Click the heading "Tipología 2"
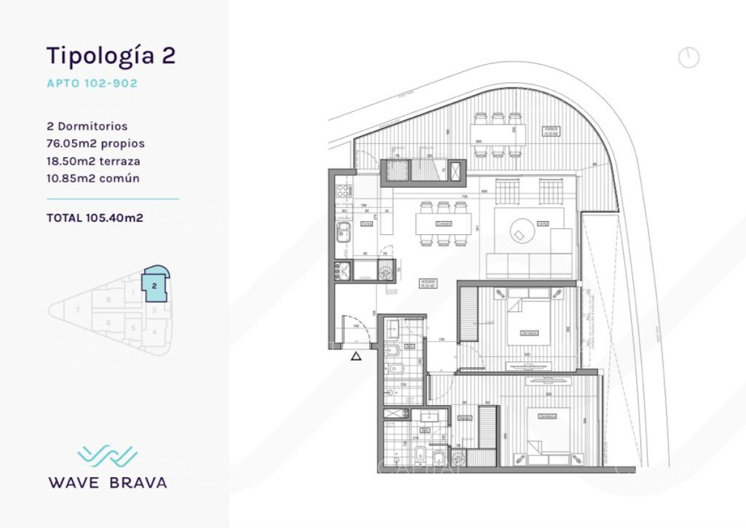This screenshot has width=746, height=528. [x=111, y=55]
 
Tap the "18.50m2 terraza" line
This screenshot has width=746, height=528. [x=93, y=161]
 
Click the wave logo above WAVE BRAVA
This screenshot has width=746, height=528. [x=108, y=456]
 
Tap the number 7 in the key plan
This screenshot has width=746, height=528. [x=78, y=309]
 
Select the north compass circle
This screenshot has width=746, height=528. [x=689, y=58]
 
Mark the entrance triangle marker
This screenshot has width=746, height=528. [x=356, y=356]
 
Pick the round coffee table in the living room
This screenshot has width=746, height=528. [x=522, y=231]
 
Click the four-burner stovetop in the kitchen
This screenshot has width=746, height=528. [x=343, y=270]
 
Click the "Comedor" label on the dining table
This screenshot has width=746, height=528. [x=443, y=223]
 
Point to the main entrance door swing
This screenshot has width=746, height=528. [x=357, y=332]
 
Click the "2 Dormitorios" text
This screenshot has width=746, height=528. [x=87, y=126]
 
